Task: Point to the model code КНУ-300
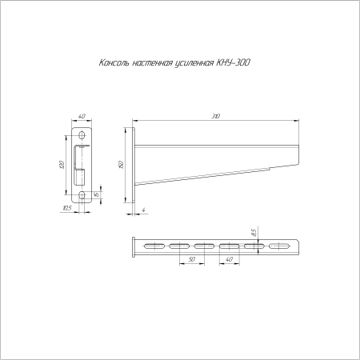[234, 63]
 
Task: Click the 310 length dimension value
[216, 116]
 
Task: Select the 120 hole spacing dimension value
[62, 165]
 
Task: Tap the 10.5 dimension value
[66, 208]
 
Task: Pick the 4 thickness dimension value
[144, 210]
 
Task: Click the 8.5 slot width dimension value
[254, 233]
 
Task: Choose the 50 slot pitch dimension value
[192, 259]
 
